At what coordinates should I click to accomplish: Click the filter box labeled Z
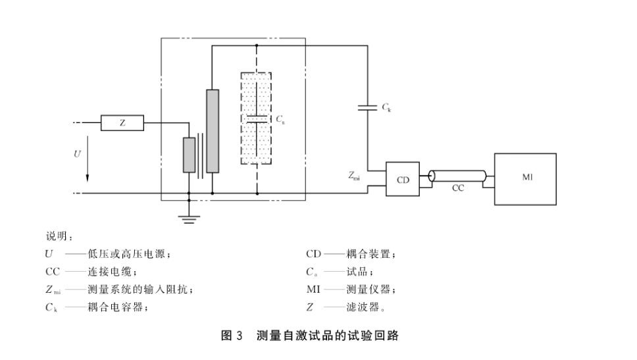tap(122, 122)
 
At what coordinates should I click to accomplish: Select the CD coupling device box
tap(402, 179)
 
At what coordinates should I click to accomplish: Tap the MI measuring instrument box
tap(525, 178)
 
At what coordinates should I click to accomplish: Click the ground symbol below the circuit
tap(189, 217)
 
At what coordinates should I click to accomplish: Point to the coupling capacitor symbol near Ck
tap(367, 107)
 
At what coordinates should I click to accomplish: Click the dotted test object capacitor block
tap(257, 119)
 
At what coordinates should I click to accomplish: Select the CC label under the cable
tap(458, 188)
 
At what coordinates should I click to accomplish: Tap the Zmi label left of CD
tap(354, 176)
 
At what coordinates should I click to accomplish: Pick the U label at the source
tap(77, 153)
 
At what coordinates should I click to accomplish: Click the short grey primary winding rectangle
tap(189, 155)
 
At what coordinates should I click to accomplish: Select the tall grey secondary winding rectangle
tap(213, 131)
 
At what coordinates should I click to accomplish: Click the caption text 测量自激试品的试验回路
tap(328, 336)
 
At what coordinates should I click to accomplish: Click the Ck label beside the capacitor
tap(386, 107)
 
